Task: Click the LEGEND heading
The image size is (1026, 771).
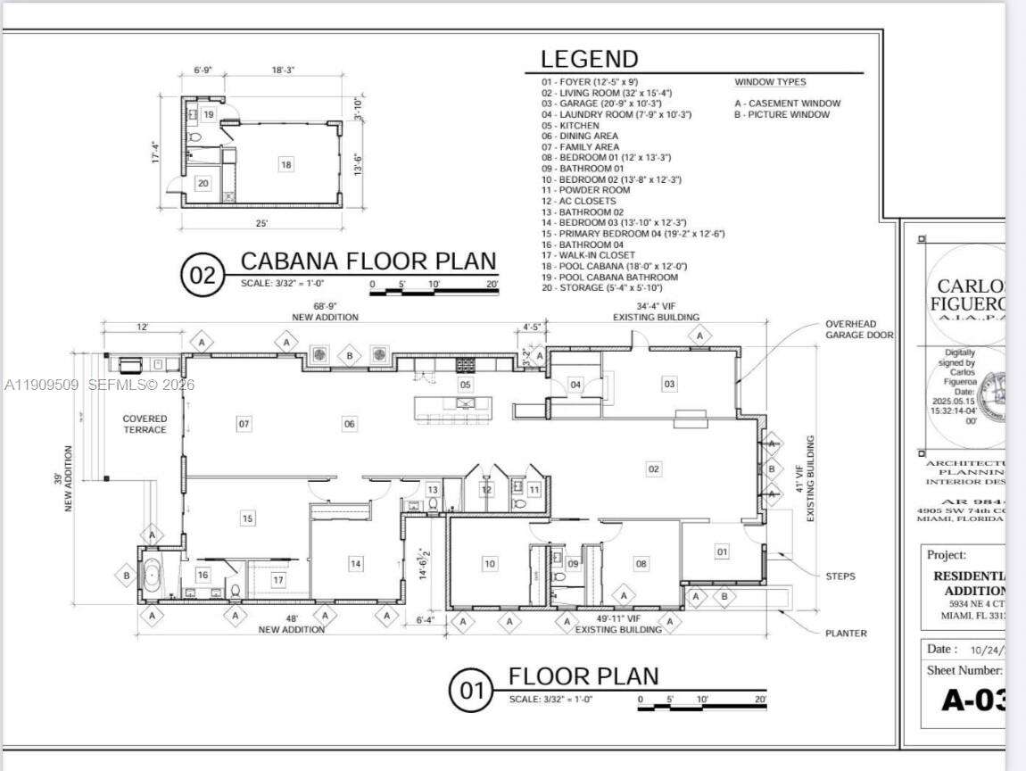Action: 589,60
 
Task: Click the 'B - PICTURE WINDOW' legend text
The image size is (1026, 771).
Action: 782,114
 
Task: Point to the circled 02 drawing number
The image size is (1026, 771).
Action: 203,275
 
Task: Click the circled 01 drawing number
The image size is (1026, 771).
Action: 470,691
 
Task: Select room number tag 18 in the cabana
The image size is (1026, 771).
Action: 286,164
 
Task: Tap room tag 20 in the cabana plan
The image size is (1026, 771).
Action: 203,183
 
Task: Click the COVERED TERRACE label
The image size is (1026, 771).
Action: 145,424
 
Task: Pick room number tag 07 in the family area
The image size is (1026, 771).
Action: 244,424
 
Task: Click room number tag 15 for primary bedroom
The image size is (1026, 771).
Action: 247,518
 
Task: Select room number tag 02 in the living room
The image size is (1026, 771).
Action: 653,468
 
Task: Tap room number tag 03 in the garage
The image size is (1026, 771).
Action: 668,384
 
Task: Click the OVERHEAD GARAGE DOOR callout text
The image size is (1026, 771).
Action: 850,329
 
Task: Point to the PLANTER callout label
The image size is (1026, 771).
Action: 845,634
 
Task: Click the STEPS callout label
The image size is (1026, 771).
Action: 840,576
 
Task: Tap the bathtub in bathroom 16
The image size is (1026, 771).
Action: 152,575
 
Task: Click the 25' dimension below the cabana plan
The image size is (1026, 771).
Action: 262,223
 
